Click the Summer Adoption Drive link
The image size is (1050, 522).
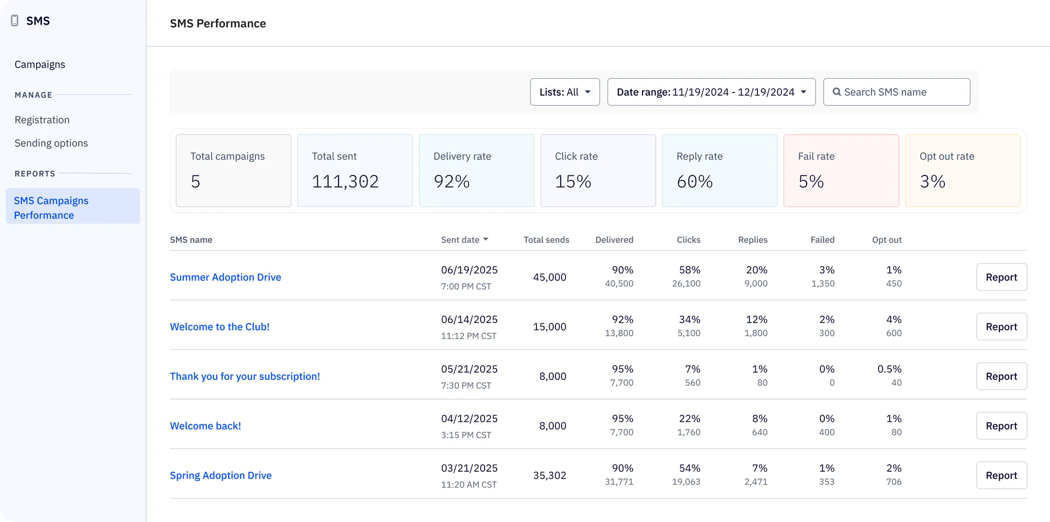(x=225, y=277)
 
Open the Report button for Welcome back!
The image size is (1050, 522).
(x=1001, y=426)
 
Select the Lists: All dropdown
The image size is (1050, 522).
(x=564, y=92)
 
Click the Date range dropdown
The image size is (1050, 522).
(x=711, y=92)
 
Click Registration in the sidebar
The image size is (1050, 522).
(x=42, y=120)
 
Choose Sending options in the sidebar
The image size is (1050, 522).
(x=51, y=143)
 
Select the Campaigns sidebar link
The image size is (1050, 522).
(x=40, y=64)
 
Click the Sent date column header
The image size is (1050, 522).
(x=464, y=239)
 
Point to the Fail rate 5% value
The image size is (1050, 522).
(x=811, y=181)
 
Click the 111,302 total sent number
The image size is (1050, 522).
(x=345, y=181)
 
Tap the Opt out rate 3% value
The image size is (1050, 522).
(x=932, y=181)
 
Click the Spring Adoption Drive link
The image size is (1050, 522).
(x=220, y=476)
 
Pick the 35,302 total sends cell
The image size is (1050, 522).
(x=550, y=476)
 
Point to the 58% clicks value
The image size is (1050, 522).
(x=689, y=270)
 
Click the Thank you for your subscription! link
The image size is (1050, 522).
(x=244, y=376)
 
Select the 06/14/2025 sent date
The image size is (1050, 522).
(x=469, y=319)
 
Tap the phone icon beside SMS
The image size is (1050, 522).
(x=15, y=21)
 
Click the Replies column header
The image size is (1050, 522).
(x=752, y=239)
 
